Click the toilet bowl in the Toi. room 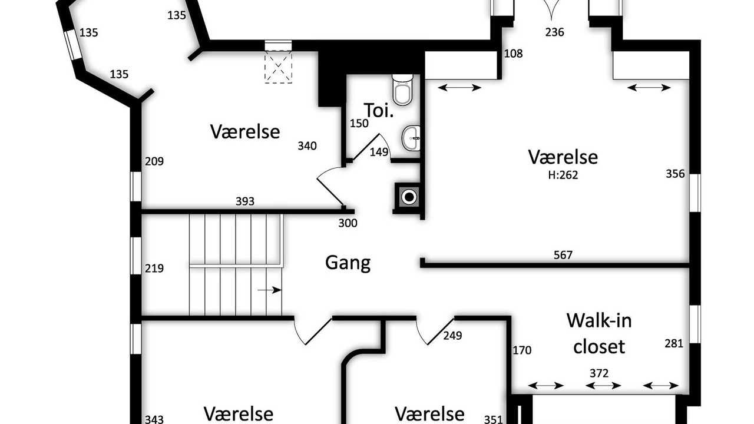[x=402, y=90]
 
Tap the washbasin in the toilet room [x=411, y=138]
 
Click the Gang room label [x=348, y=263]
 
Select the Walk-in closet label [x=599, y=333]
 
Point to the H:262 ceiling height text [x=563, y=175]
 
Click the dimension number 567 [x=563, y=255]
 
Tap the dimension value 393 [x=244, y=201]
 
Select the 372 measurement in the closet [x=599, y=373]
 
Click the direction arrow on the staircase [x=269, y=290]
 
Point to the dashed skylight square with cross [x=278, y=67]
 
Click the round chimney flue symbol [x=409, y=197]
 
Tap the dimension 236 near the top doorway [x=554, y=32]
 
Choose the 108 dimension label [x=513, y=54]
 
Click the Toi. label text [x=379, y=110]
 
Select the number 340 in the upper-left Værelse [x=307, y=146]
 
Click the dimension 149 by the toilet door [x=379, y=153]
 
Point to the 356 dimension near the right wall [x=675, y=174]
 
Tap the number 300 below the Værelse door [x=348, y=223]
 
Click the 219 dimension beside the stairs [x=154, y=269]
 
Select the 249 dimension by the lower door [x=453, y=336]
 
